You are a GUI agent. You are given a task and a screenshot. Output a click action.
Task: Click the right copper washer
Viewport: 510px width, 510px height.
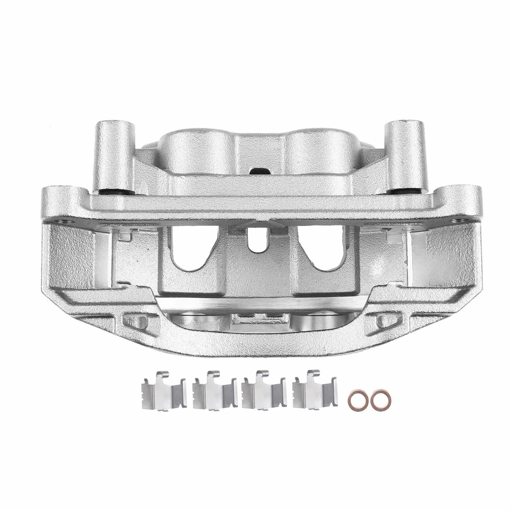coord(378,400)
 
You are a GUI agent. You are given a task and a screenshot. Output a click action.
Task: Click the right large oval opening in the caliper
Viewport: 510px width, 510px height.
coord(318,250)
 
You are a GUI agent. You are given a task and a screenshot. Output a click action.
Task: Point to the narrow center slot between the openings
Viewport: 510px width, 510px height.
coord(255,242)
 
